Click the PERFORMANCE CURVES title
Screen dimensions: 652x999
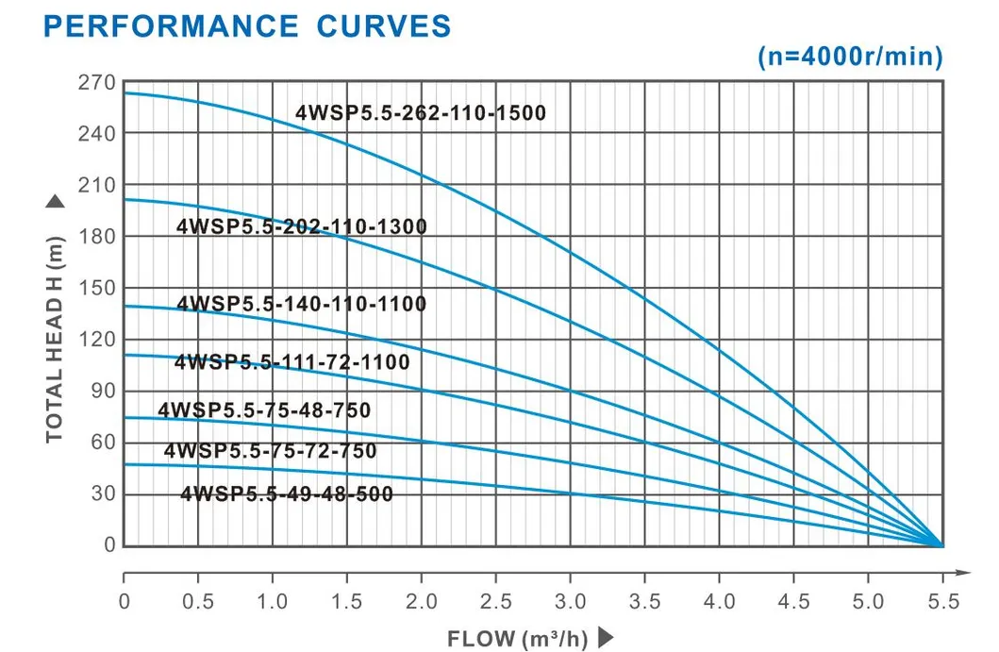click(248, 25)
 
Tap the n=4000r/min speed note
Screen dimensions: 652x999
click(850, 57)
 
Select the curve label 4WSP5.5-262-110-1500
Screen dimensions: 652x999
click(421, 114)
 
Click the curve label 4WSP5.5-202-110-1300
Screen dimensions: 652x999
click(302, 226)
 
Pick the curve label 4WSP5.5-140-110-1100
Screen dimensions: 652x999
click(302, 304)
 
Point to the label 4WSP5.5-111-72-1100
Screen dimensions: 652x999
click(292, 361)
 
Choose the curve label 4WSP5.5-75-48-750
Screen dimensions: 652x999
click(265, 410)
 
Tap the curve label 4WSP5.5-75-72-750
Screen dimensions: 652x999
click(271, 451)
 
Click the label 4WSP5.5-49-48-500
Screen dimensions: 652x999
click(287, 493)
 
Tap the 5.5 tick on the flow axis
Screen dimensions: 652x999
click(941, 601)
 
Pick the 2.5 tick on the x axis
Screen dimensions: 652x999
click(495, 601)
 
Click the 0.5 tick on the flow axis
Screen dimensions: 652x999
click(198, 601)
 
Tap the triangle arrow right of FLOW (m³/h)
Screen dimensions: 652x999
click(605, 638)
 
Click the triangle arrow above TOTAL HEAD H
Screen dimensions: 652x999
click(54, 201)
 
